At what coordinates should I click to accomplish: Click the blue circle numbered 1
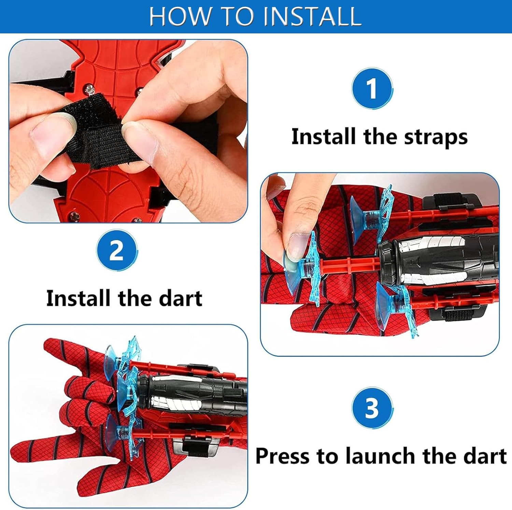coord(372,88)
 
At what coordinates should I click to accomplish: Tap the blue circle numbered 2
coord(117,250)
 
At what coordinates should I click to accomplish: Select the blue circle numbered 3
coord(372,408)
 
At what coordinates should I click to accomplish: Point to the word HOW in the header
coord(180,16)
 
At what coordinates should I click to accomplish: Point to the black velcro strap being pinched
coord(94,133)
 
